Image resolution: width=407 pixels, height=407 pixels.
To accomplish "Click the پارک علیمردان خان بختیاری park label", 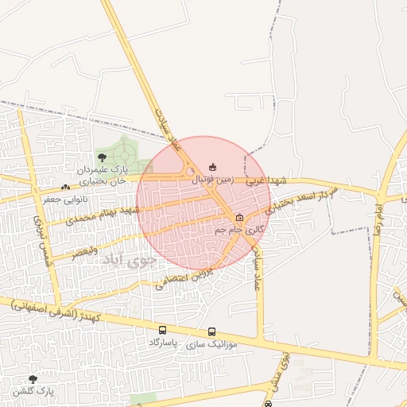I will [x=103, y=176].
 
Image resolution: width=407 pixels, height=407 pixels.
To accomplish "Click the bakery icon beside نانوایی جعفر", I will [x=65, y=187].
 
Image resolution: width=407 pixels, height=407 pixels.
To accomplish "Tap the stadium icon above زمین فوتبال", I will [x=211, y=166].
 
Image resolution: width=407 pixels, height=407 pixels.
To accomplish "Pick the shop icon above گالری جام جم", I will [x=240, y=217].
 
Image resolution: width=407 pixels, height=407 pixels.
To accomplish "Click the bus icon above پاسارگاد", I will [x=163, y=330].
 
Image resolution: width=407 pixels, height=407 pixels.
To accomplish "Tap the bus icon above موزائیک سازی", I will [x=211, y=331].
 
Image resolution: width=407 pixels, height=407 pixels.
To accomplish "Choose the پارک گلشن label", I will [x=32, y=392].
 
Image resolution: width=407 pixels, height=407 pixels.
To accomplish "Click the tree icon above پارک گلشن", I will [x=33, y=379].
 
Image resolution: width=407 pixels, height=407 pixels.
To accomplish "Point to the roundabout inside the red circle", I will [x=190, y=172].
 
